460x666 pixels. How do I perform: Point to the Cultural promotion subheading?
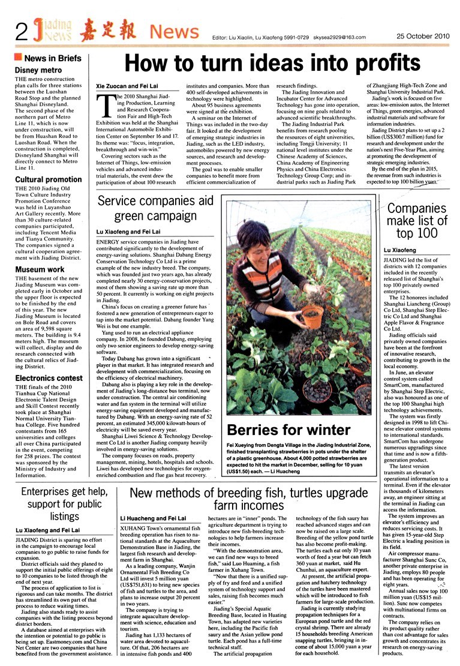48,179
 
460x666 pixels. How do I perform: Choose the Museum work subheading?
40,269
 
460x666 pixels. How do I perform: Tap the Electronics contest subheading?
49,378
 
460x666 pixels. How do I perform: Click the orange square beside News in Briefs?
18,58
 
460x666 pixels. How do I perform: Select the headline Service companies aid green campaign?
155,209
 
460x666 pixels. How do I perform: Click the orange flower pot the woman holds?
311,318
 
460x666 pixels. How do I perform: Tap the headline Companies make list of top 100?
417,220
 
